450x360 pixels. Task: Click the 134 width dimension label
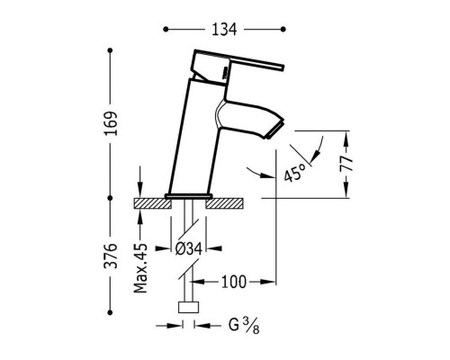224,30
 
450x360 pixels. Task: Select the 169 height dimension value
111,123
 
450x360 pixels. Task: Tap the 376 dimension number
110,256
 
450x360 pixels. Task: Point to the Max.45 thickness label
140,268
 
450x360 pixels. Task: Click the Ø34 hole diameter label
188,248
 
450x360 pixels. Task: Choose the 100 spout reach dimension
234,282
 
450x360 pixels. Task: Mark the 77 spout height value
346,164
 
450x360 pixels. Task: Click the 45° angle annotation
294,172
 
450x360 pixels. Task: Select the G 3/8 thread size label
244,326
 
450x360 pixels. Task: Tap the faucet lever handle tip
283,67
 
